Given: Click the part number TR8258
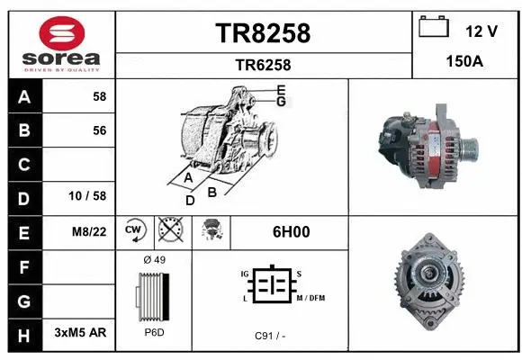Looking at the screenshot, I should tap(263, 33).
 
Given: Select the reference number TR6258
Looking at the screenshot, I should tap(263, 65).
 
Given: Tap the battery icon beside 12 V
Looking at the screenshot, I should tap(434, 29).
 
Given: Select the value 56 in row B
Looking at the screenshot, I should tap(99, 130).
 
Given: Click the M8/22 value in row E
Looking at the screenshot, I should tap(90, 231).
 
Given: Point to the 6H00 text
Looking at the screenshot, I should tap(291, 231).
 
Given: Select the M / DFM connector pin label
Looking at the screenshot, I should tap(310, 298).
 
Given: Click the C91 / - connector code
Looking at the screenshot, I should tap(270, 336).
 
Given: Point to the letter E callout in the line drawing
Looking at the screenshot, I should tap(281, 89).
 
